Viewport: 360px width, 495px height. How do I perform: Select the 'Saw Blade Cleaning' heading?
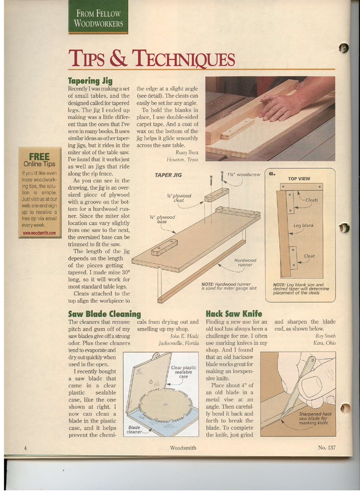tap(104, 314)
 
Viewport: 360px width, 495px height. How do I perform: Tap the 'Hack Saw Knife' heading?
tap(234, 314)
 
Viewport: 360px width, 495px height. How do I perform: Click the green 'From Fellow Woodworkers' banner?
tap(99, 19)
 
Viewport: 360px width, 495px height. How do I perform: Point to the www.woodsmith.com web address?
tap(40, 233)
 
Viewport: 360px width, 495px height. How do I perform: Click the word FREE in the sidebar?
tap(38, 157)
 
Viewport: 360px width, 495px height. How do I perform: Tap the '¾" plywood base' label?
tap(159, 219)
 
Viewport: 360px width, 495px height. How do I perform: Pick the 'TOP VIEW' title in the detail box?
tap(299, 179)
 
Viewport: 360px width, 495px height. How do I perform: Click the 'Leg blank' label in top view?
tap(303, 225)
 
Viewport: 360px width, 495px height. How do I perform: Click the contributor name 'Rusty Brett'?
tap(187, 153)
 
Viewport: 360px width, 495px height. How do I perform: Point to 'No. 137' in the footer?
tap(327, 448)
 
